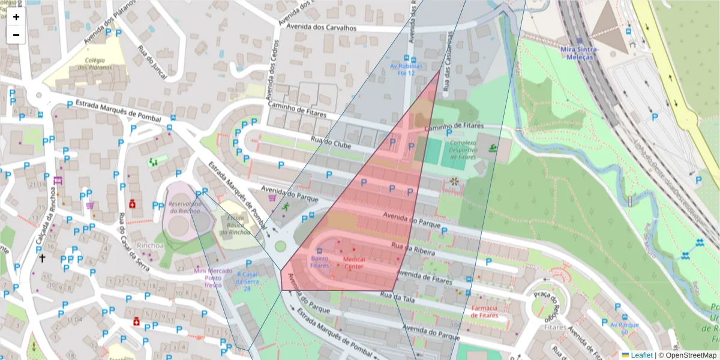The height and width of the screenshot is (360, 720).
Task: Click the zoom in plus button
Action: [16, 17]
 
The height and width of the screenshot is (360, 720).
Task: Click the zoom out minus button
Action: [16, 35]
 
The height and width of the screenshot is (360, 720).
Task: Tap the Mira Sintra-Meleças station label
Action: [576, 52]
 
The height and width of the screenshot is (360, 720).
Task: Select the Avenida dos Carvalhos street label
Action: [321, 28]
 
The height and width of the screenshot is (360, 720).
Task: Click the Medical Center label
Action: [353, 262]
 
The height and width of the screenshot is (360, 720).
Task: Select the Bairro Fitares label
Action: [320, 262]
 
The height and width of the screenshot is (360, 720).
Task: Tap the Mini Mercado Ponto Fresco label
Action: [213, 278]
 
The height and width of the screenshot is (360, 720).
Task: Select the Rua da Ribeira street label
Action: [413, 250]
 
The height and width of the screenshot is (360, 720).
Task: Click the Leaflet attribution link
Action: [641, 355]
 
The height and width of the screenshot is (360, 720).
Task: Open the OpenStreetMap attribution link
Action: [690, 355]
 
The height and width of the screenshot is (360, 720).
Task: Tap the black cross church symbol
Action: [42, 259]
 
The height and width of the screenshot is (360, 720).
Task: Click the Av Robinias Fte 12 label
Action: [406, 69]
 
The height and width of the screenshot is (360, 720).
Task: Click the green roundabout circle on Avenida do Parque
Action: [280, 245]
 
